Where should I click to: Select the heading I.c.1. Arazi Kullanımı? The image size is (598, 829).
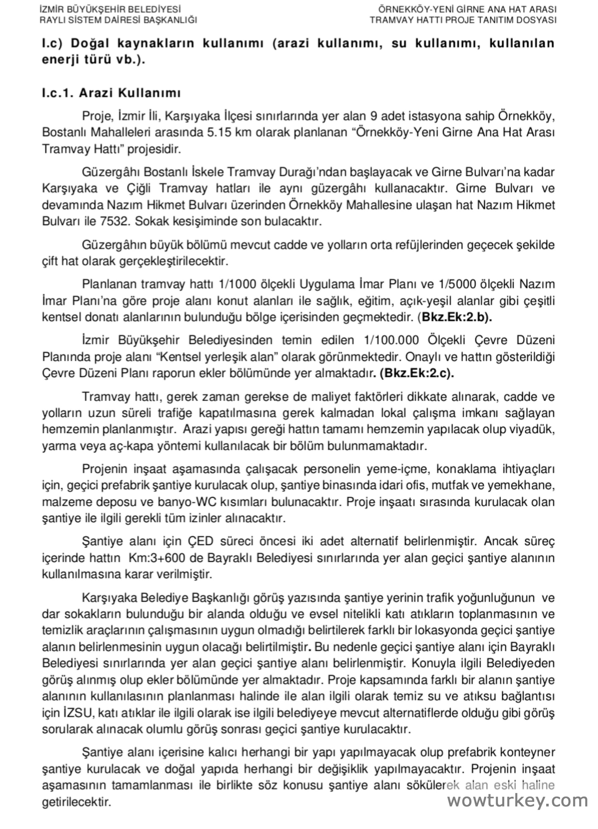[111, 93]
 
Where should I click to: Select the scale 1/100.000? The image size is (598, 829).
[392, 340]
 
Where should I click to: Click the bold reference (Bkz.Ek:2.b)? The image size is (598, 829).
[455, 317]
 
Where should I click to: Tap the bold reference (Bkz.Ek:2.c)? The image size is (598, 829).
[417, 374]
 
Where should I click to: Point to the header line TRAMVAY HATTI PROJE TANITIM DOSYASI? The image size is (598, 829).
[463, 20]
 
